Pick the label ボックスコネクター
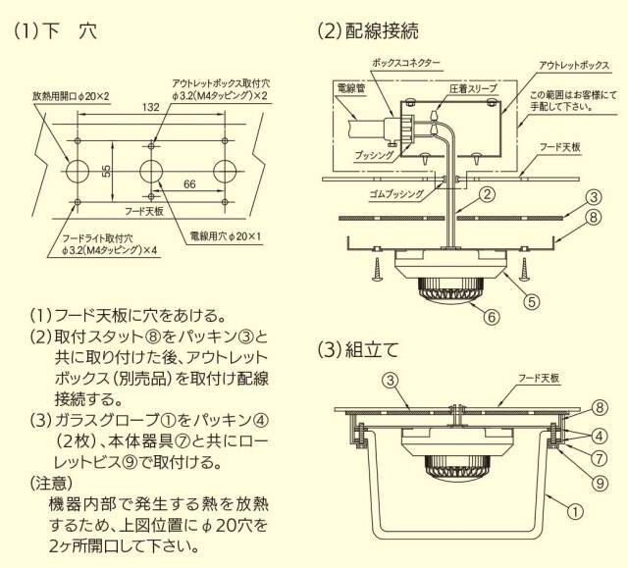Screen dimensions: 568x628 tap(405, 62)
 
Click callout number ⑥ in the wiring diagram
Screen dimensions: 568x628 tap(492, 316)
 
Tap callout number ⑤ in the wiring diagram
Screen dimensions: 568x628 tap(529, 301)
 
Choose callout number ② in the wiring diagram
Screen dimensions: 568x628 tap(485, 194)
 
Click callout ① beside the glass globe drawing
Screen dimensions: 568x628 tap(576, 509)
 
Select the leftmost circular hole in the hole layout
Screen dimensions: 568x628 tap(78, 171)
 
